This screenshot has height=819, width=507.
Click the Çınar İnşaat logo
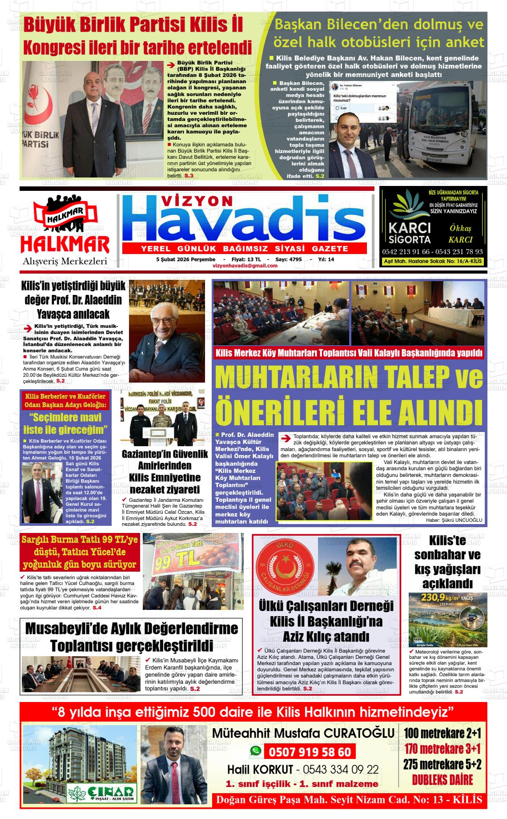click(101, 792)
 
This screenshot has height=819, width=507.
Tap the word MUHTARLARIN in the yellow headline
click(295, 377)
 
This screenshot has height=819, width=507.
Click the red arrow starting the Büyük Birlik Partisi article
click(170, 65)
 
